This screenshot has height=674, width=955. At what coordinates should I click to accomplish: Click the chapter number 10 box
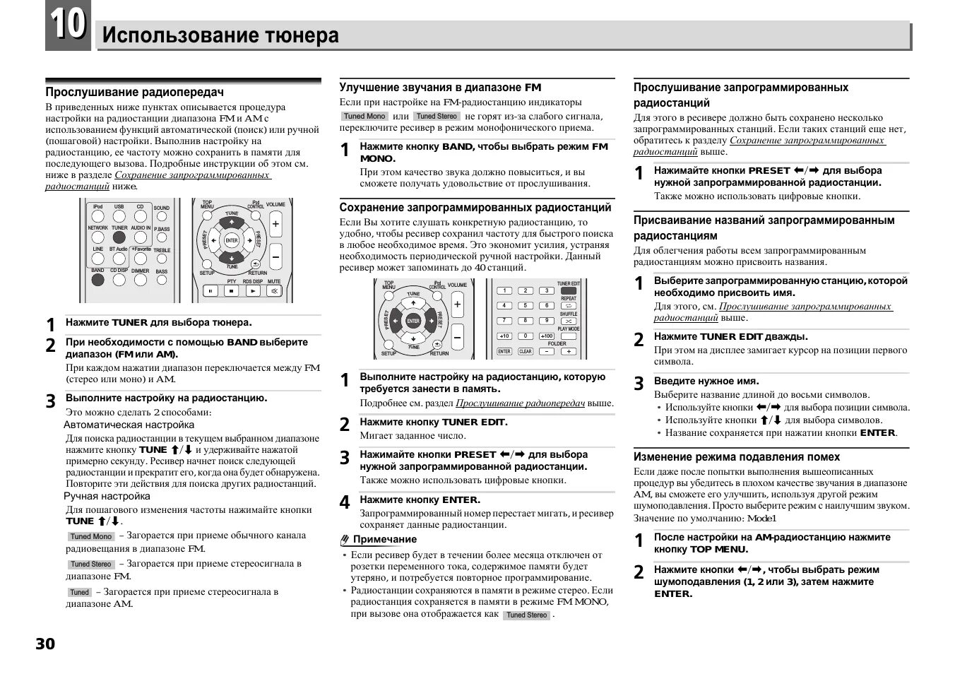68,25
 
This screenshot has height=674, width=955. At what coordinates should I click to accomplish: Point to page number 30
45,644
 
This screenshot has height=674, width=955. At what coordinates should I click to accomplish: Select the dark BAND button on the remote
97,279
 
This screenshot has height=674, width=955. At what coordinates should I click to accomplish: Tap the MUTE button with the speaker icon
273,290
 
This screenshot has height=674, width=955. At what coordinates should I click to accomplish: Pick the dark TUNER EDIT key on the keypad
568,290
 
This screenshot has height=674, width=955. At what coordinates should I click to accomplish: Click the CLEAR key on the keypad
526,351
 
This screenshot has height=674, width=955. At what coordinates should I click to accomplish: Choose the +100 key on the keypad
547,336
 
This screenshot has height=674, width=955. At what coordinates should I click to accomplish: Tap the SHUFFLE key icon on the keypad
568,321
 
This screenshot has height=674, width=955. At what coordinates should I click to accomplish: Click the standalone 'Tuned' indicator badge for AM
79,592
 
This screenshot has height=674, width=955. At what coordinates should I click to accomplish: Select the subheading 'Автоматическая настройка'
129,425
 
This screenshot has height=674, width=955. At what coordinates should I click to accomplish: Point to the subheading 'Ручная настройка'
107,496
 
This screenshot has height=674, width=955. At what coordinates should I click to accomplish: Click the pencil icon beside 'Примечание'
345,540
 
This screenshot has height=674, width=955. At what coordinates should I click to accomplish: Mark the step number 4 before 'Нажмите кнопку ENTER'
345,502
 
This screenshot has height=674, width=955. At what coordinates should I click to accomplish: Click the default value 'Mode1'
761,518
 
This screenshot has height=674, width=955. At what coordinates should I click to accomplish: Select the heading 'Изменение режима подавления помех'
737,457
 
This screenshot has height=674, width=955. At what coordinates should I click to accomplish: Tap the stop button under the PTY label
232,290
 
